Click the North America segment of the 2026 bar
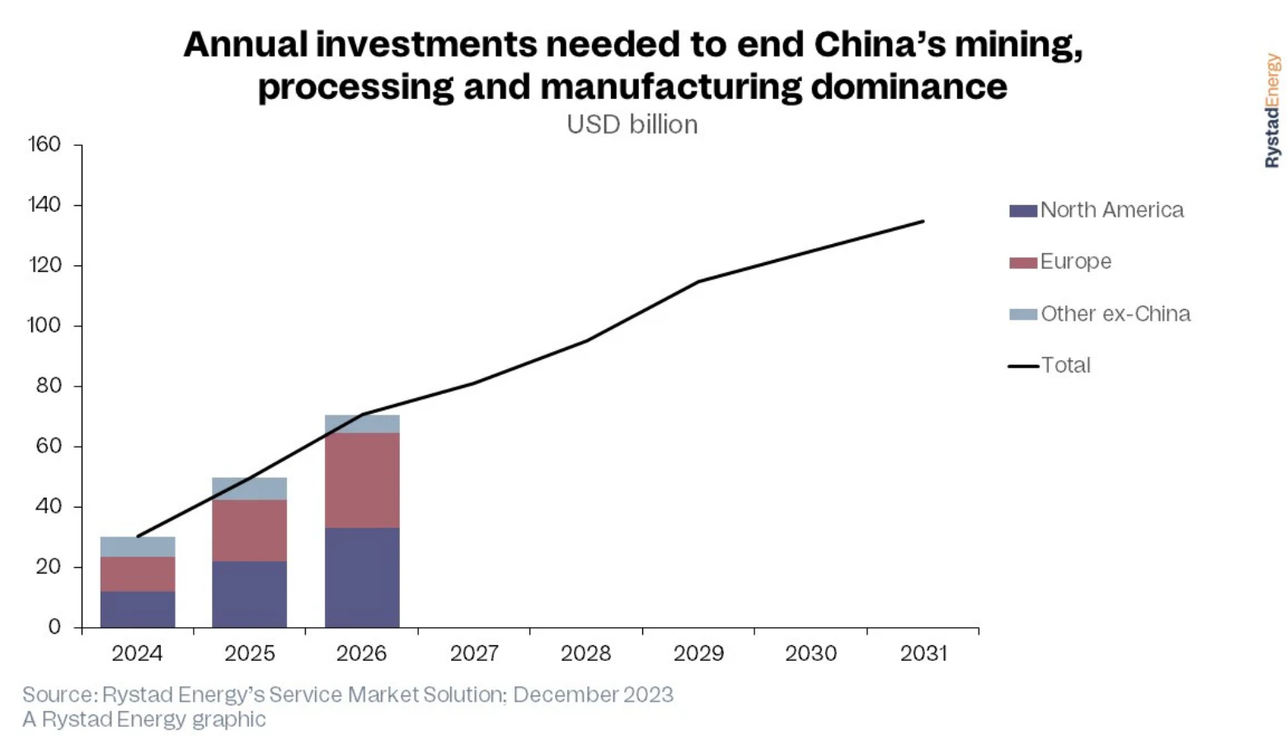click(362, 577)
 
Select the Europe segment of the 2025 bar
click(249, 530)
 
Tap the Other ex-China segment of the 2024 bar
click(138, 547)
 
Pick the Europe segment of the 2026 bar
click(362, 480)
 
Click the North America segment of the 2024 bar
click(138, 610)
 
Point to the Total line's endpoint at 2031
click(923, 221)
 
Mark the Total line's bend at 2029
click(698, 282)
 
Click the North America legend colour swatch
click(1022, 211)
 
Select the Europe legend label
click(1076, 262)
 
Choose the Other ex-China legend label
click(1116, 314)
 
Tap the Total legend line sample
click(1023, 366)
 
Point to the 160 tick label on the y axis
click(45, 144)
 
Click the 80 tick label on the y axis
click(49, 386)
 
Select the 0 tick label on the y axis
click(54, 626)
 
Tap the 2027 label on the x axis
click(474, 653)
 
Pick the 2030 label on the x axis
click(810, 653)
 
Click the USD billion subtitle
click(632, 124)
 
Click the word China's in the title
click(880, 45)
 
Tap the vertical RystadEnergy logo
click(1273, 111)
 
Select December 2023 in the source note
click(593, 695)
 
